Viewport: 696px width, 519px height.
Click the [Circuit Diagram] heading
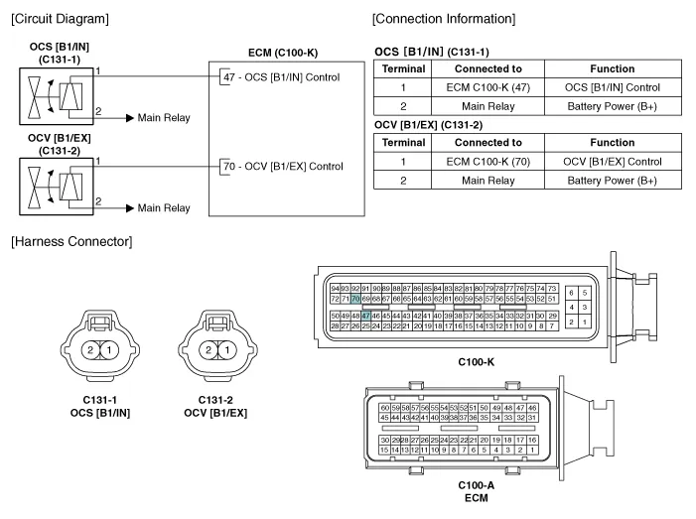click(x=59, y=19)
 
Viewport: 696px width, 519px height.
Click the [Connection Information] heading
click(x=443, y=19)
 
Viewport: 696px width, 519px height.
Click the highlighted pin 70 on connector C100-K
click(x=355, y=298)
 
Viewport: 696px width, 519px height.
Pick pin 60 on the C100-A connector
click(x=385, y=408)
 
